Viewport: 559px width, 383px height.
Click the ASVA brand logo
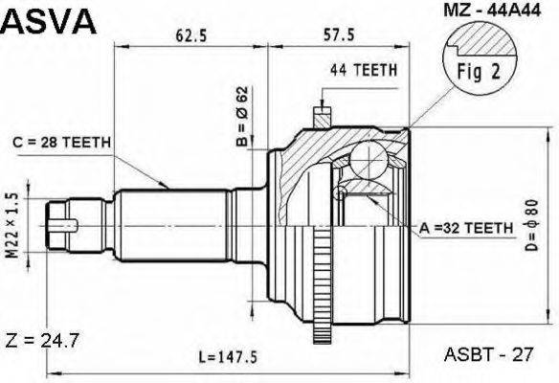tap(49, 21)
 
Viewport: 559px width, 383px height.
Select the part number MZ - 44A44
tap(492, 10)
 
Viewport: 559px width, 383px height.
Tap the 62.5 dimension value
tap(191, 35)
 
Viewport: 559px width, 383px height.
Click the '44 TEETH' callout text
tap(364, 70)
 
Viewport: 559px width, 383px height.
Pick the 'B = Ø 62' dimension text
tap(242, 116)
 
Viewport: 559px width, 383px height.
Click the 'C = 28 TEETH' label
tap(61, 143)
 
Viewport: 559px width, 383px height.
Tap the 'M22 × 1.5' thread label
tap(12, 225)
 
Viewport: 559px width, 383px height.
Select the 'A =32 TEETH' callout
tap(466, 228)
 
